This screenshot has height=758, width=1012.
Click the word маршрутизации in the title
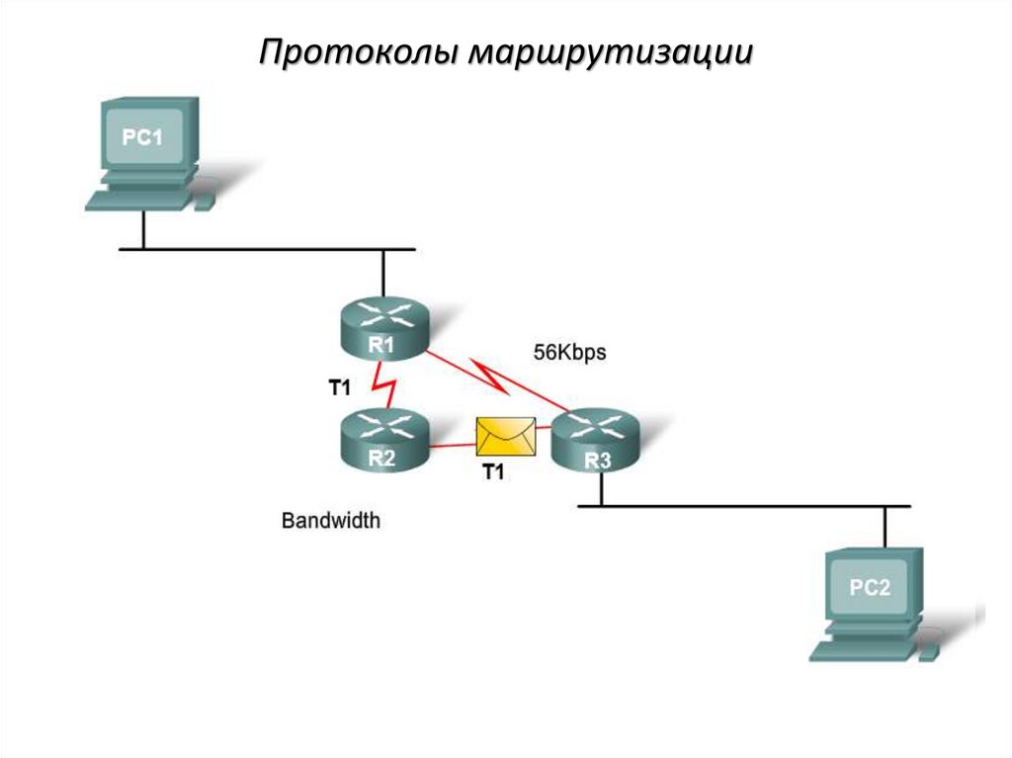611,52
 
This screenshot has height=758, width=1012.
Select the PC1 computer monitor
142,137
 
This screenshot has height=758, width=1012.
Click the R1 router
382,329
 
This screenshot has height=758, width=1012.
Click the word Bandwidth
330,520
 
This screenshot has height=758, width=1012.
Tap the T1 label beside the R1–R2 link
339,388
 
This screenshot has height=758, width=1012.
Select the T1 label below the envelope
493,473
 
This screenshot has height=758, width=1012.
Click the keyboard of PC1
136,199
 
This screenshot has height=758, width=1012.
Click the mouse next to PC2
930,653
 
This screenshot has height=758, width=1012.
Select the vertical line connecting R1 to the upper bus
383,275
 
